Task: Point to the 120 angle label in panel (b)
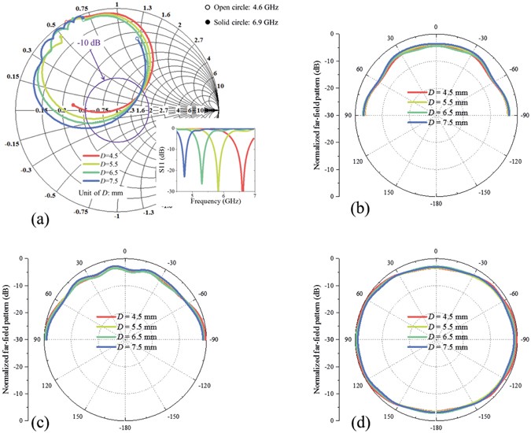coord(357,161)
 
